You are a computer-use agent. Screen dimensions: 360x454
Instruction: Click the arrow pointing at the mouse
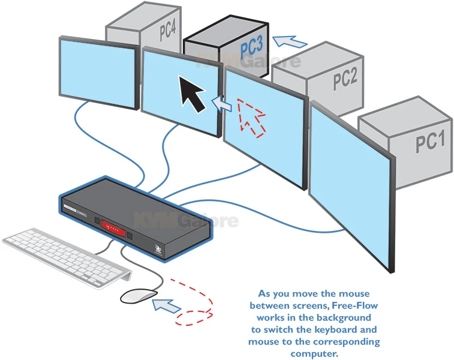tap(166, 305)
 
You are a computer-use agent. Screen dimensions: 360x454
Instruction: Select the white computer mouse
tap(138, 295)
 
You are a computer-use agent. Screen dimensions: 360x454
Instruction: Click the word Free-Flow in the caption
tap(350, 305)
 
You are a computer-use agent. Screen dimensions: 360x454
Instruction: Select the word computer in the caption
tap(314, 353)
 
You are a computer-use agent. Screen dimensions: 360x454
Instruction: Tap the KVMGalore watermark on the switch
tap(185, 221)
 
